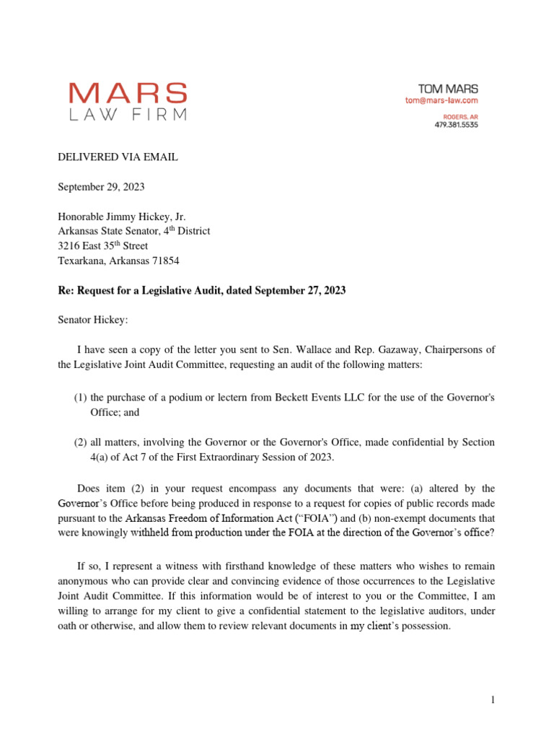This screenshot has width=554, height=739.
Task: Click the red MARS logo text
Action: [x=128, y=93]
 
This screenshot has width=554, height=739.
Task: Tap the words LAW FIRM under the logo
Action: [x=128, y=114]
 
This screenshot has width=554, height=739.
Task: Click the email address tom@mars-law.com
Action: [x=441, y=101]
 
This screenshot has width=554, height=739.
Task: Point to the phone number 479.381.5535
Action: [x=455, y=124]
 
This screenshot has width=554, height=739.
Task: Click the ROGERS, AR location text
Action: [x=459, y=115]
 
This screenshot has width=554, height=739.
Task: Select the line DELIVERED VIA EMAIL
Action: [x=117, y=157]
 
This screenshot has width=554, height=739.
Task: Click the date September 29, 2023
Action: [x=101, y=187]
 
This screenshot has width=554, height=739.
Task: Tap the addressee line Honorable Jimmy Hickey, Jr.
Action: [x=122, y=217]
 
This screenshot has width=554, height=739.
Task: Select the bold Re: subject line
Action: [x=201, y=290]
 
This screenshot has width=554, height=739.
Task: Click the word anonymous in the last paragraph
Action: [x=83, y=581]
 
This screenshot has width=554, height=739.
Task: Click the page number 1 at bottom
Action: [x=492, y=700]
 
